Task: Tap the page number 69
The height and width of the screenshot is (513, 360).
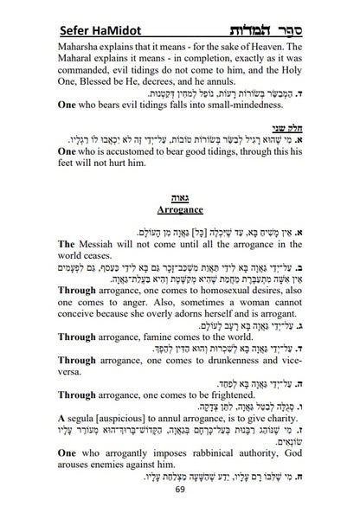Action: click(180, 489)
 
